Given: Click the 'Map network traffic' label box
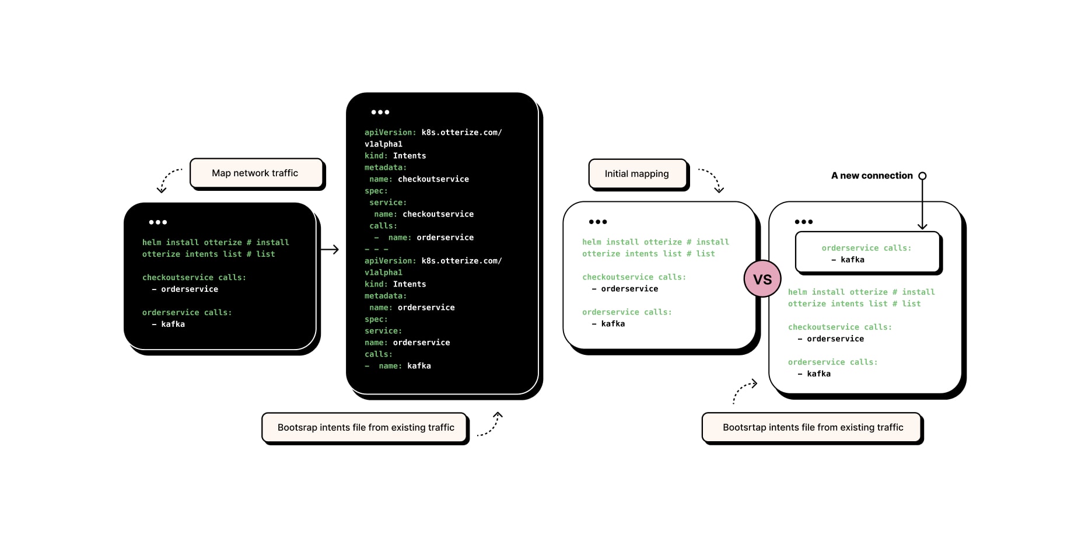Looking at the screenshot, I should pos(256,173).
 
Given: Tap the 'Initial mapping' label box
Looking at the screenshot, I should pos(637,174).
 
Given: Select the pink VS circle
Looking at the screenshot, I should pos(762,279).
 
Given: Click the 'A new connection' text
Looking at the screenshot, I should pos(871,176).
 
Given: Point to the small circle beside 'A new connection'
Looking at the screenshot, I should pos(922,176).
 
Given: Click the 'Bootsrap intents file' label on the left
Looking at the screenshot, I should pos(365,427).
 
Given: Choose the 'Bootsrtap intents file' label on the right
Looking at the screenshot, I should pos(812,427).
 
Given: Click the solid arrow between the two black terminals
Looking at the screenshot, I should pos(330,249).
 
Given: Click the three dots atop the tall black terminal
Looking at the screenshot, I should pos(380,112).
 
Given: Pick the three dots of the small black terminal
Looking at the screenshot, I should pos(158,222).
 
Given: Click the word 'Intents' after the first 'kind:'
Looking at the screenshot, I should pos(409,156).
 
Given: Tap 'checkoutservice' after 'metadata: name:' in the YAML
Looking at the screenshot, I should pos(433,179).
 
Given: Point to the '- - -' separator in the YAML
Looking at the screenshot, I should pos(376,249).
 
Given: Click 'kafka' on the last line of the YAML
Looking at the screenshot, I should pos(419,366).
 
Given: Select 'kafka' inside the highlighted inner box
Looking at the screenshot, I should pos(852,260).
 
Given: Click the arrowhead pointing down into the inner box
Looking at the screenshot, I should pos(922,226).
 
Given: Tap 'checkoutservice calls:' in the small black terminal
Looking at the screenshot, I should pos(194,277).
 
